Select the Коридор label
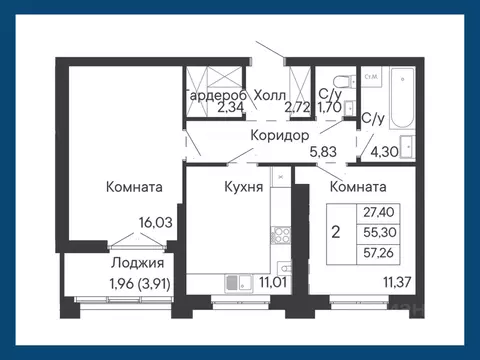[x=279, y=137]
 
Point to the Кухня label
[x=243, y=186]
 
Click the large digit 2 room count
[x=335, y=231]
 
